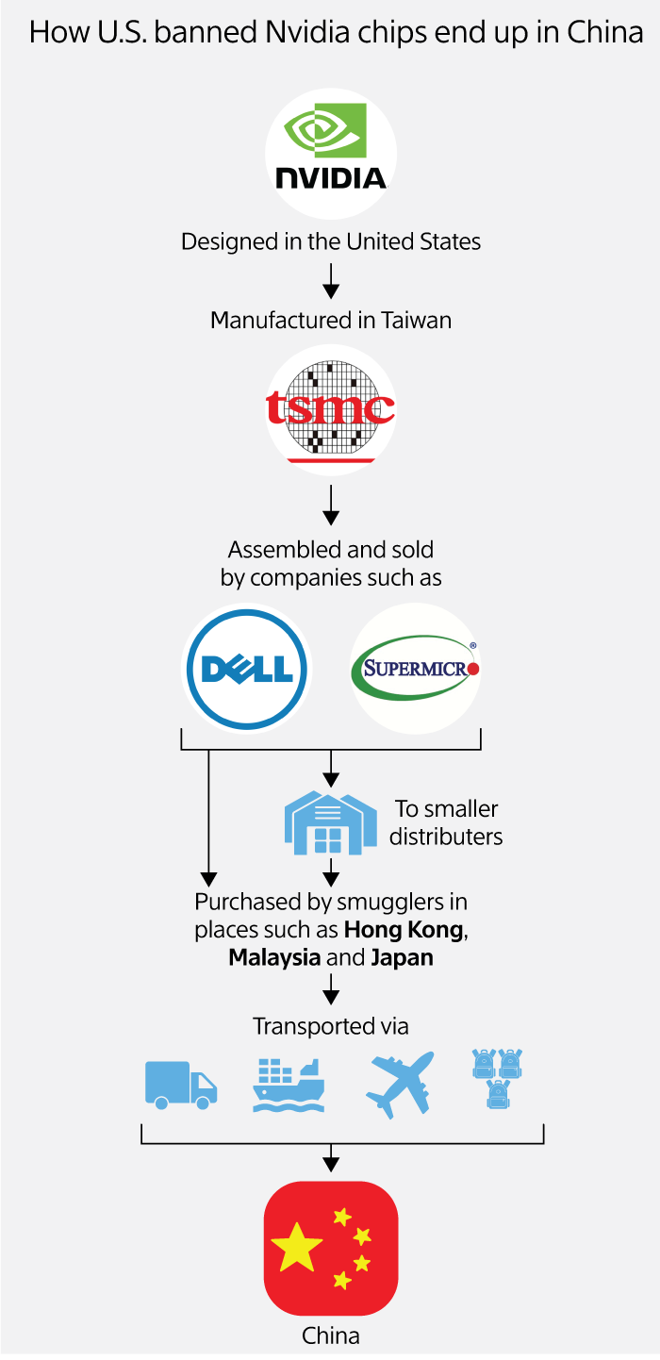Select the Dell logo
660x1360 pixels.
click(x=247, y=669)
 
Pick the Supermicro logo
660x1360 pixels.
click(x=415, y=669)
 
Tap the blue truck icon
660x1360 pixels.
click(x=180, y=1083)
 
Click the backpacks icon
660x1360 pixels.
click(x=497, y=1077)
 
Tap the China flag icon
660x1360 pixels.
click(x=330, y=1248)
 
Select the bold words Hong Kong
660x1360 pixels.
click(x=404, y=930)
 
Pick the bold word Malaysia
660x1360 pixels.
click(x=274, y=957)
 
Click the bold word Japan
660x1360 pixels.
click(x=402, y=957)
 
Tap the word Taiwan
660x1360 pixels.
click(x=416, y=320)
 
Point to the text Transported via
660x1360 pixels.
click(x=330, y=1026)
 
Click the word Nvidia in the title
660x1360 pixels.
click(x=283, y=33)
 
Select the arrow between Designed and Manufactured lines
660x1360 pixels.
click(x=330, y=280)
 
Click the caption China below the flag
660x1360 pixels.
click(x=330, y=1335)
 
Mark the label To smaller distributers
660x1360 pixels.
click(x=446, y=822)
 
